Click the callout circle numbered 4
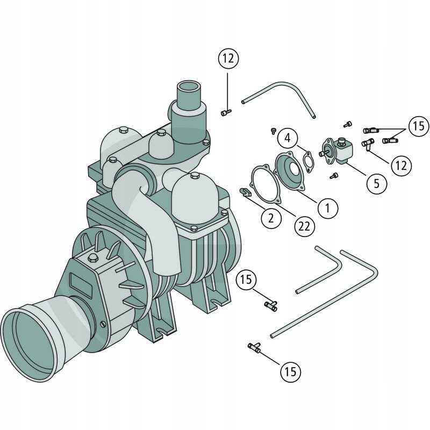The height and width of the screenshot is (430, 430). (x=287, y=138)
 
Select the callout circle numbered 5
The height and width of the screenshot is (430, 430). (x=377, y=183)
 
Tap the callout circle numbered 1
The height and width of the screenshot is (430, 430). (x=328, y=208)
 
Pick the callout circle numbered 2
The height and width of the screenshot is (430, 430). (x=271, y=218)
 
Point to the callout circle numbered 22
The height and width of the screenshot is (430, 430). (x=304, y=226)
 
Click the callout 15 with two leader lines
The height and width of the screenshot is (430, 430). (x=419, y=126)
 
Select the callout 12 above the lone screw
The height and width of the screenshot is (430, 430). (x=228, y=58)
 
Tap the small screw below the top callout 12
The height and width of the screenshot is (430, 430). (x=226, y=112)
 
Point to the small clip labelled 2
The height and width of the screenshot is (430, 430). (x=246, y=192)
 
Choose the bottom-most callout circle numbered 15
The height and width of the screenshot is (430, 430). (x=290, y=371)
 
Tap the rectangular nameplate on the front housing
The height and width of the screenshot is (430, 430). (x=81, y=285)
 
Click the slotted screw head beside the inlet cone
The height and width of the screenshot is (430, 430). (x=103, y=324)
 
